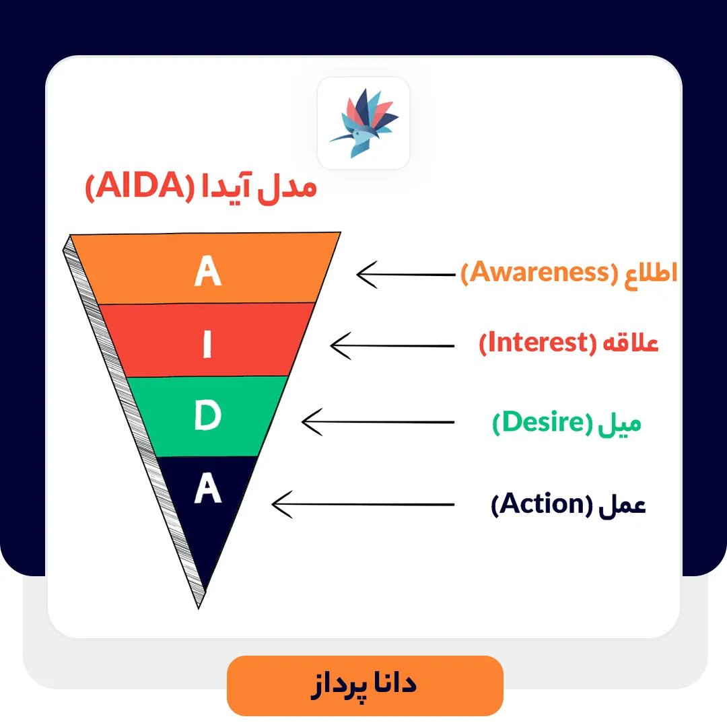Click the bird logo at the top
(x=363, y=123)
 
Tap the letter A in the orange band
(x=207, y=271)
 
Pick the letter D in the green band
(x=207, y=417)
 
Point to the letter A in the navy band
(x=207, y=489)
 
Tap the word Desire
(x=541, y=423)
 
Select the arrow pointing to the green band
(x=378, y=422)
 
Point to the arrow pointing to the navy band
(x=363, y=503)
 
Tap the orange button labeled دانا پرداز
(x=365, y=685)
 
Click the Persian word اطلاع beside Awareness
(x=648, y=273)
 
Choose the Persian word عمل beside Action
(x=622, y=504)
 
